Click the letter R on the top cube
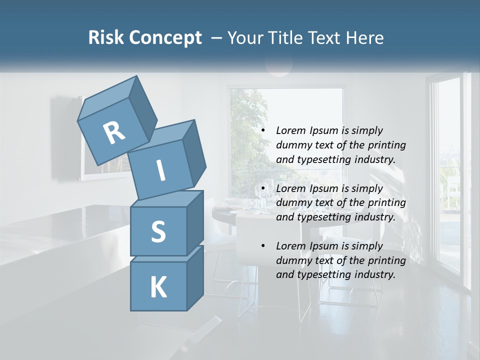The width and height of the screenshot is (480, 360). pos(114,133)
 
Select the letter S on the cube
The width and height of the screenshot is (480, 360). pos(158,231)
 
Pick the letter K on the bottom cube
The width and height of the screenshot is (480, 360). pos(158,287)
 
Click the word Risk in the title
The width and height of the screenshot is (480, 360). pos(106,38)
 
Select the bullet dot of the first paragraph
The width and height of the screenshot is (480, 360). pos(263,130)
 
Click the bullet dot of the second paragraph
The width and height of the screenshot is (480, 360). pos(263,188)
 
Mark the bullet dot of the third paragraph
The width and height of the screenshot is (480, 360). pos(263,246)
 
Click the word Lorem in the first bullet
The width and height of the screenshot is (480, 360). pos(290,130)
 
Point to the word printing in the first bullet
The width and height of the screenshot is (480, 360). pos(386,145)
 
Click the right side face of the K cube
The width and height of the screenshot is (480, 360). pos(195,277)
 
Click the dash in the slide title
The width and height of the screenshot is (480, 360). pos(217,38)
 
